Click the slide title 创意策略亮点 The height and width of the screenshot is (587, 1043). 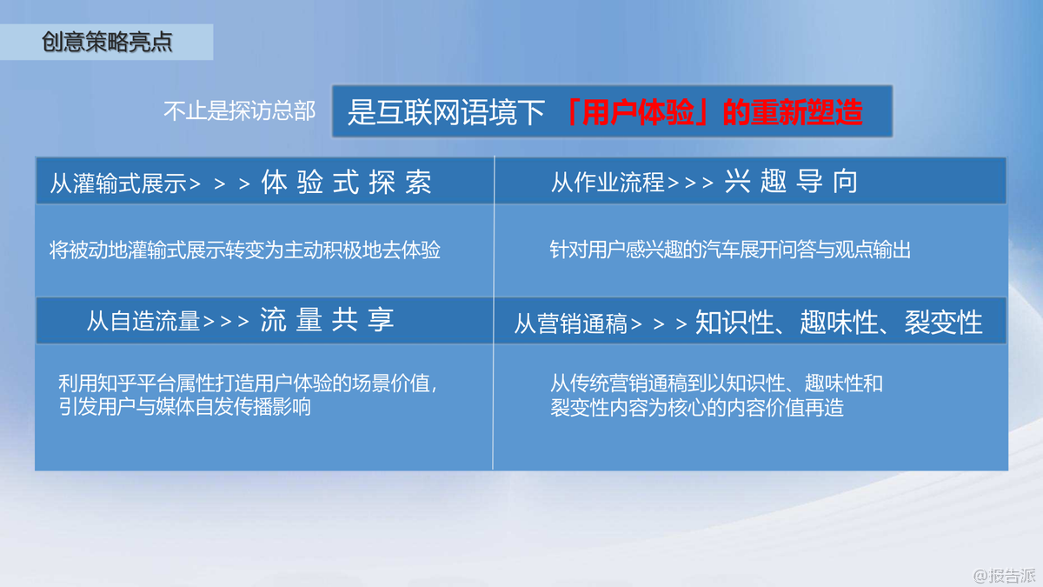tap(107, 42)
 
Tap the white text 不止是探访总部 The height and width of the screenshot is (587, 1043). tap(239, 111)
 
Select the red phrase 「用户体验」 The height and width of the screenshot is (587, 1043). tap(637, 112)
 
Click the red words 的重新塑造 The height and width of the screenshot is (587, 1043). tap(792, 112)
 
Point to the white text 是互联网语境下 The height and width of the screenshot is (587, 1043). tap(446, 113)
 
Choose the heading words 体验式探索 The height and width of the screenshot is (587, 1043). tap(346, 182)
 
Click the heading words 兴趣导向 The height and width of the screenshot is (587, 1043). tap(790, 181)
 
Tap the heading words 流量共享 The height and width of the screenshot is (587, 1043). tap(327, 320)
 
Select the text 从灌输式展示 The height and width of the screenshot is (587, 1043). tap(118, 183)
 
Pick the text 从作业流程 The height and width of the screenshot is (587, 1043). tap(608, 182)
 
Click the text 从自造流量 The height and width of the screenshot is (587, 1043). tap(143, 322)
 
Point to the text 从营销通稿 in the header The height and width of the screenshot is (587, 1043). tap(570, 324)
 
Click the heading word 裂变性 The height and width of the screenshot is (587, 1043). tap(943, 322)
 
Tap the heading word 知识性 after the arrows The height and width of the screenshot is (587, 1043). tap(734, 322)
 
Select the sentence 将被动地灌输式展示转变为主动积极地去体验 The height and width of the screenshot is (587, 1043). tap(245, 250)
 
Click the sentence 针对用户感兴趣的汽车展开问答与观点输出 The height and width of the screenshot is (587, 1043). tap(730, 250)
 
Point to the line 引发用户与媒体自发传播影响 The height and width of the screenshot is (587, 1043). tap(184, 407)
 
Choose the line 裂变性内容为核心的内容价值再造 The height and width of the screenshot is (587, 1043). tap(696, 408)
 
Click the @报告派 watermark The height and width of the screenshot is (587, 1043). tap(1005, 576)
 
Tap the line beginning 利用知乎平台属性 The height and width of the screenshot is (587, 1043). tap(248, 384)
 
